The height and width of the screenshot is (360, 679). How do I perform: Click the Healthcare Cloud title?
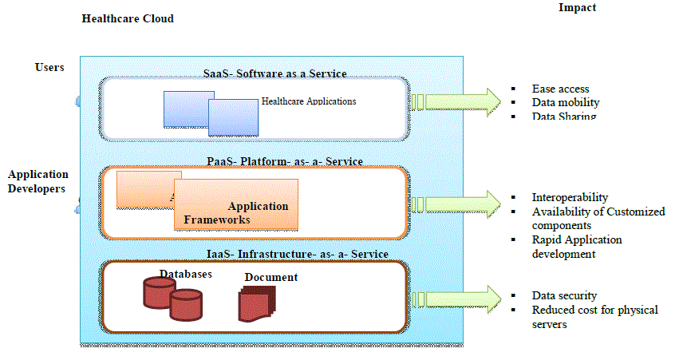coord(128,18)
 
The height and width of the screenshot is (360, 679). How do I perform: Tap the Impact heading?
coord(576,7)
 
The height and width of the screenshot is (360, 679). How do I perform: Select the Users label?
coord(49,67)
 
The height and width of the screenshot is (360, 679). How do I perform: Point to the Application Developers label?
coord(38,181)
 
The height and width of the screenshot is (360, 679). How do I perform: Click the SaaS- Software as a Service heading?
coord(274,73)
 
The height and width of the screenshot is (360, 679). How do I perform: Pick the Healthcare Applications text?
coord(309,101)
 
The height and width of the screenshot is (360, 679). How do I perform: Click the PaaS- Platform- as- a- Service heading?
coord(284,161)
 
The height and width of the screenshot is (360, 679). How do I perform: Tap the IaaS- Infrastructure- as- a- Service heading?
coord(297,254)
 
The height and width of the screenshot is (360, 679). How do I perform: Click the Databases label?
coord(185,274)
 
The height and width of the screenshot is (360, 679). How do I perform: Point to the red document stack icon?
coord(257,304)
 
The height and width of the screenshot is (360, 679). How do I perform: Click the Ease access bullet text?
coord(560,89)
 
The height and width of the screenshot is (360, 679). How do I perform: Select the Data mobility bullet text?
coord(565,102)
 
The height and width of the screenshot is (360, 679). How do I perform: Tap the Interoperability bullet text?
coord(570,197)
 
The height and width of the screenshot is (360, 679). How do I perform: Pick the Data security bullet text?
coord(564,295)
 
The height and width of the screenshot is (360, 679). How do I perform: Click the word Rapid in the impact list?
coord(547,239)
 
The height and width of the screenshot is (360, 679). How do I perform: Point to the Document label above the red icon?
coord(271,277)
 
